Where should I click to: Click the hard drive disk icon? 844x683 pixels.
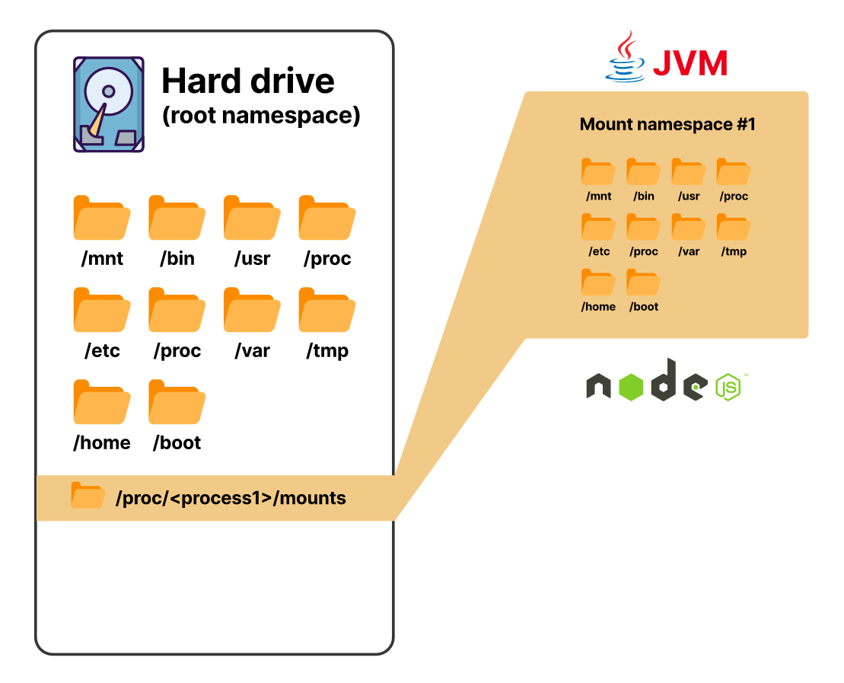pyautogui.click(x=108, y=104)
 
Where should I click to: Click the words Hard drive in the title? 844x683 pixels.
pyautogui.click(x=248, y=81)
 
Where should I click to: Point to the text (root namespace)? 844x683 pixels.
pyautogui.click(x=260, y=116)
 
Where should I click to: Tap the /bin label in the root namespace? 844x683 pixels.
pyautogui.click(x=177, y=259)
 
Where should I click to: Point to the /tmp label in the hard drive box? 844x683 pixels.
pyautogui.click(x=327, y=351)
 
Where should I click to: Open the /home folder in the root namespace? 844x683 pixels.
pyautogui.click(x=102, y=402)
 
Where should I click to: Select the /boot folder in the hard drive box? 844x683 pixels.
pyautogui.click(x=177, y=402)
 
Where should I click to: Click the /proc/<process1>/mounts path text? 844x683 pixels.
pyautogui.click(x=231, y=499)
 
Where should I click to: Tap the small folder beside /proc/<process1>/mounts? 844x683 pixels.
pyautogui.click(x=88, y=495)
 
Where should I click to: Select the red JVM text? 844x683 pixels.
pyautogui.click(x=690, y=63)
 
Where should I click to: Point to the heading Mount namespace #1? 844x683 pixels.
pyautogui.click(x=667, y=124)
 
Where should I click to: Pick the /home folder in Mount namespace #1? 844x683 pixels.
pyautogui.click(x=598, y=282)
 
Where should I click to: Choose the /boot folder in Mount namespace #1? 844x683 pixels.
pyautogui.click(x=643, y=282)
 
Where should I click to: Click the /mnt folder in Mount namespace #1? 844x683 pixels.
pyautogui.click(x=598, y=171)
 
